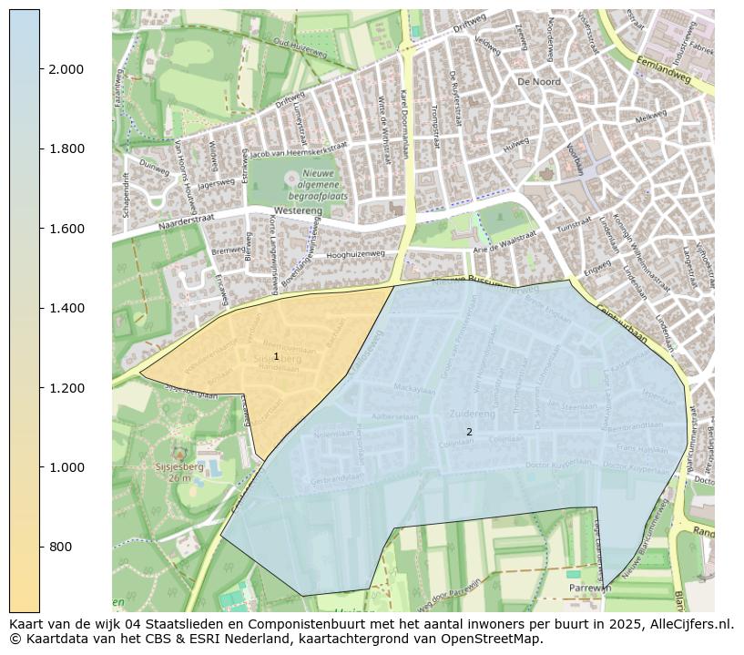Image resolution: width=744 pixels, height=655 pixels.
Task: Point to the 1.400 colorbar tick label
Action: (x=66, y=308)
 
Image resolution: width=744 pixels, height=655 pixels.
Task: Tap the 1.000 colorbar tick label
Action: (x=66, y=467)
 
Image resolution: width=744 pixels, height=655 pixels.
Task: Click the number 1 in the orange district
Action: (x=276, y=356)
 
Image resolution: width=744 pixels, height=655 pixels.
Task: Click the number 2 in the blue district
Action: (x=469, y=432)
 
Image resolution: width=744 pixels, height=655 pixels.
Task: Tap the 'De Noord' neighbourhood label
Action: (x=539, y=82)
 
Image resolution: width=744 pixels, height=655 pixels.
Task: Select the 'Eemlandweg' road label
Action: (x=665, y=72)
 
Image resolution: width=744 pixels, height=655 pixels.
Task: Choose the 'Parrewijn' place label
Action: (x=589, y=588)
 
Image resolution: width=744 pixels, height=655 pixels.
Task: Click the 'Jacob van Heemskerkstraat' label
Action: (x=299, y=150)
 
